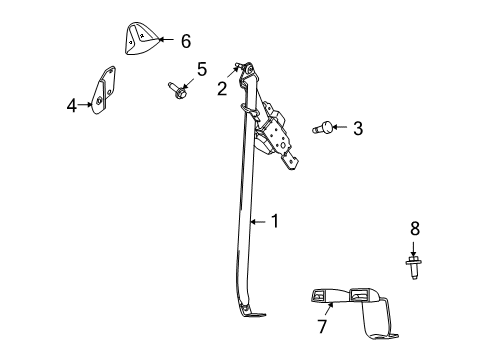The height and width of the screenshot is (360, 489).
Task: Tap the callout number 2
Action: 221,87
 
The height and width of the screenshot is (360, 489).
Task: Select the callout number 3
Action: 357,127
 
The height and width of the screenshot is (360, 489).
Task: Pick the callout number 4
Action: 72,103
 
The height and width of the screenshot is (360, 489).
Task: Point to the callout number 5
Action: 201,69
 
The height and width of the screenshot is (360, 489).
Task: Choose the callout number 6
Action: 185,41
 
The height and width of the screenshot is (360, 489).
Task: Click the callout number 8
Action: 415,229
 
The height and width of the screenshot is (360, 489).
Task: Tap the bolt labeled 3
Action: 325,128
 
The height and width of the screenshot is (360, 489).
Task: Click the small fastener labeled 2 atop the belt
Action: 238,68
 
